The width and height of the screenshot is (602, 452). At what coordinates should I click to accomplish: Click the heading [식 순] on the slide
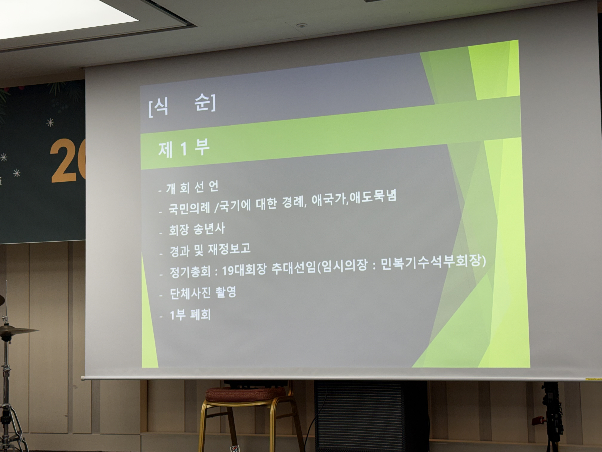(182, 105)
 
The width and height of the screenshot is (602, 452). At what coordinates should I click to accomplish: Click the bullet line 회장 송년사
(197, 229)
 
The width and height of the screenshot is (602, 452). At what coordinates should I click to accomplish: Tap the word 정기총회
(190, 272)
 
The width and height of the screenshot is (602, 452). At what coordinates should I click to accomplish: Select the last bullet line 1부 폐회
(190, 315)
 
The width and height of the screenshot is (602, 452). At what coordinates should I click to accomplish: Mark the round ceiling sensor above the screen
(301, 26)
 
